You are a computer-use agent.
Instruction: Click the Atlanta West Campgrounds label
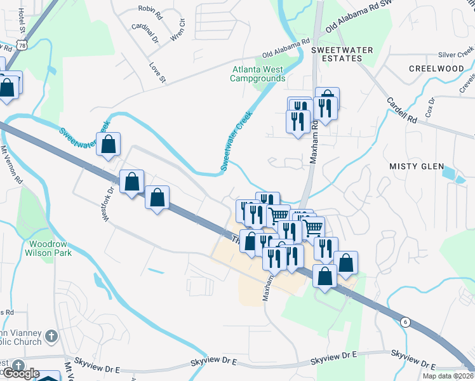coord(258,74)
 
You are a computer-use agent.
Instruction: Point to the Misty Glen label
coord(416,166)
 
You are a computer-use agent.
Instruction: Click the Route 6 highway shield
coord(405,322)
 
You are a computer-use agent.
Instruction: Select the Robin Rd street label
coord(150,11)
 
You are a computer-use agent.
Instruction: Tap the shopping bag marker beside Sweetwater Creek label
coord(109,144)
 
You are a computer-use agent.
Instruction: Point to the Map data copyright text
coord(448,376)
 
